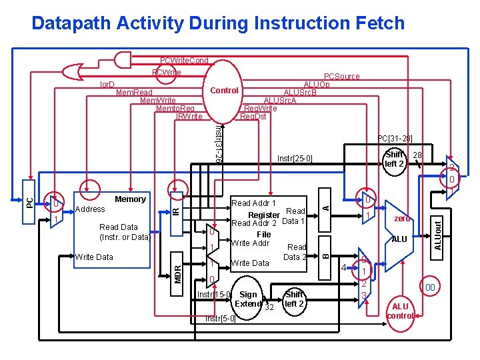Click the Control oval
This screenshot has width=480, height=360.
[224, 90]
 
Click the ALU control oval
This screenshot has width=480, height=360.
[400, 311]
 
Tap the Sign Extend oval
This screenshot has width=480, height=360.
[248, 299]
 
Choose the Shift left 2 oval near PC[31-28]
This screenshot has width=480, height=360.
[395, 159]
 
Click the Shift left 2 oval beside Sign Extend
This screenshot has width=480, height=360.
[293, 299]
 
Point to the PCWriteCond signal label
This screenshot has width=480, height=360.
[184, 61]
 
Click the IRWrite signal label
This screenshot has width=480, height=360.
[189, 117]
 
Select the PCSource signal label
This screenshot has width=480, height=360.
[341, 77]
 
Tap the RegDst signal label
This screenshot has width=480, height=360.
[253, 117]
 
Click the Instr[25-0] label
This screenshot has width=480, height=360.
[293, 159]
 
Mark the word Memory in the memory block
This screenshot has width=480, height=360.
[130, 199]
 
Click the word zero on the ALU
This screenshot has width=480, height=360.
[401, 218]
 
